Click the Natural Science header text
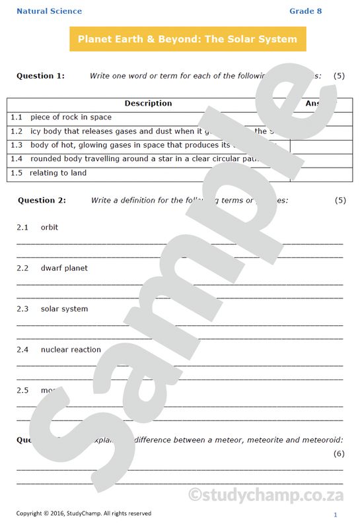tap(50, 11)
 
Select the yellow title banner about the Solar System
tap(188, 39)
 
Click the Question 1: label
tap(40, 76)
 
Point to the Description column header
tap(148, 104)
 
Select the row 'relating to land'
tap(58, 173)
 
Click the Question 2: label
tap(42, 200)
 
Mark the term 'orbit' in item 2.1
tap(50, 228)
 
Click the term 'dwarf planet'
tap(64, 269)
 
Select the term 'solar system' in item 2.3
tap(64, 309)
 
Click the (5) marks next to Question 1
tap(340, 76)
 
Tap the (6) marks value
tap(339, 453)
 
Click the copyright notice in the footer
tap(83, 513)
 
